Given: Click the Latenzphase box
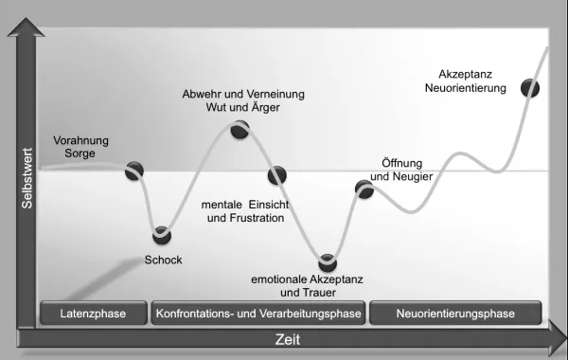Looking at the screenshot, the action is [94, 313].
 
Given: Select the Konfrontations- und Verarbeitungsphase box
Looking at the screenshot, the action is [258, 313].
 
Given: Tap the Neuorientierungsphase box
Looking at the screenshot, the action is [455, 313].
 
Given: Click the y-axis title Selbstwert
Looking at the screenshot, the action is [27, 178].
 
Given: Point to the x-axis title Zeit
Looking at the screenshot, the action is [288, 340].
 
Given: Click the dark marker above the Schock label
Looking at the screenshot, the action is [162, 235].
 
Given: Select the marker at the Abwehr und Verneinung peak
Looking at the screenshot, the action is [240, 130].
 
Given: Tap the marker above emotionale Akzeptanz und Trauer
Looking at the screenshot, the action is [328, 262].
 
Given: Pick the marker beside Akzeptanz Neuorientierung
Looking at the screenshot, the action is [530, 88].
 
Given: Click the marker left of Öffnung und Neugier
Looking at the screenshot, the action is [364, 189].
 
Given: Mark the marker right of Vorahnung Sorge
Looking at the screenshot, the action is [134, 171].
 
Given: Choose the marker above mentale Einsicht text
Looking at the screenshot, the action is [277, 175].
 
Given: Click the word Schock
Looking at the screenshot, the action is [163, 260].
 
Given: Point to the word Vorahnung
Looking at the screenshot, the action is [80, 140].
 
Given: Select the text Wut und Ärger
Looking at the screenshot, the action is [242, 107].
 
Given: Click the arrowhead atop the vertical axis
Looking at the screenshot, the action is [26, 27].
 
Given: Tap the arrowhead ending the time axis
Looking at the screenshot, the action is [559, 338].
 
